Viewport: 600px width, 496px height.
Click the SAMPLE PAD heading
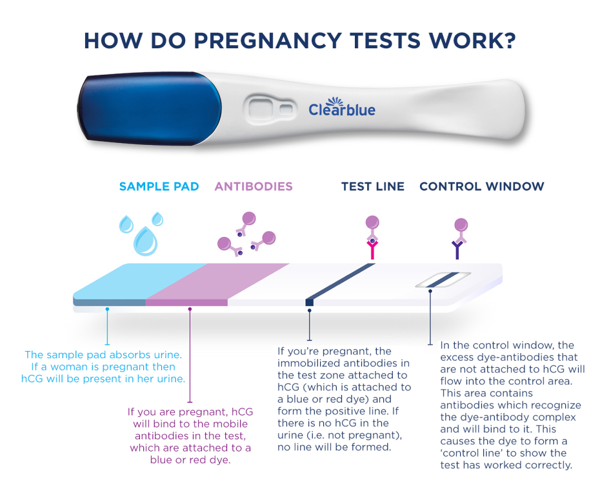(x=159, y=187)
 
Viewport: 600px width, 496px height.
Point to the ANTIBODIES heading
(x=254, y=187)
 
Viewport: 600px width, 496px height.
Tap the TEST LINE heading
(x=373, y=187)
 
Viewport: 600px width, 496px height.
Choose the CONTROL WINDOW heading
(x=482, y=187)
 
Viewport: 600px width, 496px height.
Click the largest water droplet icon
(x=145, y=241)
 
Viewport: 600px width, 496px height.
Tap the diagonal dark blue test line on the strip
(x=342, y=282)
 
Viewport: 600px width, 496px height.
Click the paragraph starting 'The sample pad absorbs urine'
(x=103, y=367)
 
